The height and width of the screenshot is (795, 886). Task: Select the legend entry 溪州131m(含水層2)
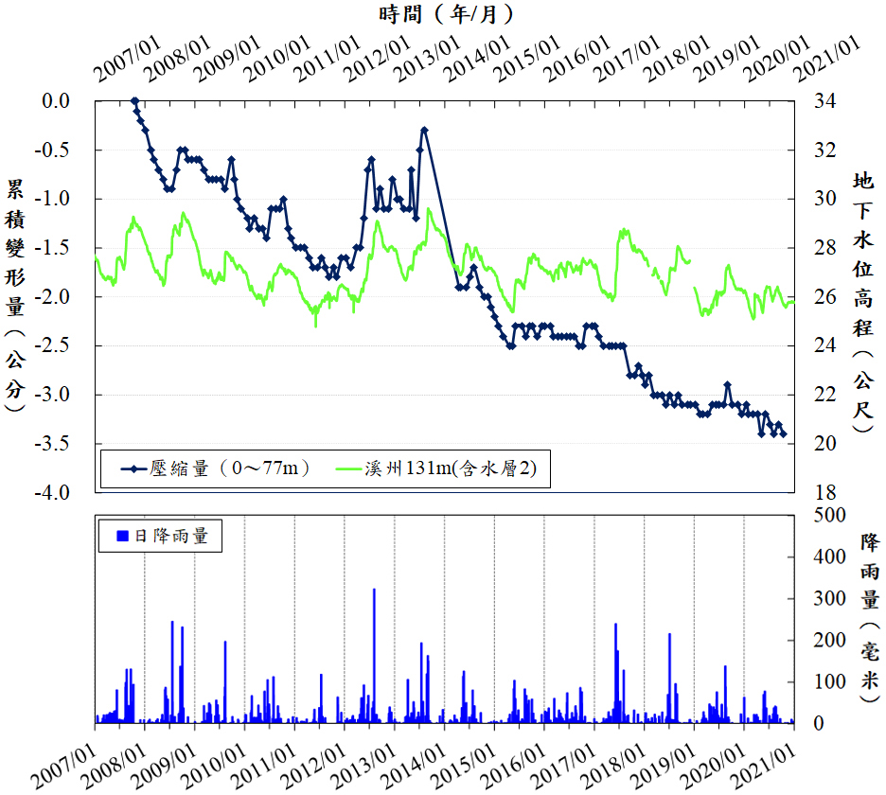click(444, 468)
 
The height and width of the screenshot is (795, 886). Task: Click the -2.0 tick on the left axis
click(59, 296)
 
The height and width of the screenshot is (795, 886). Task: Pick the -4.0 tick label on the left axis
click(59, 492)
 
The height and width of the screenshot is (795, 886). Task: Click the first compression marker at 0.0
click(134, 100)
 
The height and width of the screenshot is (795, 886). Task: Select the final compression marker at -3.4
click(783, 434)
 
